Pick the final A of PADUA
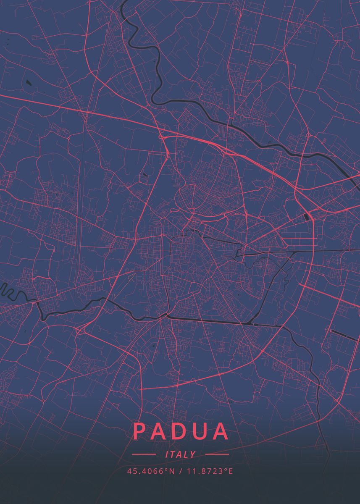221,431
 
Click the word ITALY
181,454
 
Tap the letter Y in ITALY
193,454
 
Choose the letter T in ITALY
174,454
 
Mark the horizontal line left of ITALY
144,454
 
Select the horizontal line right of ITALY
217,454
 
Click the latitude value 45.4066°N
151,471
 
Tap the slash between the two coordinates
180,471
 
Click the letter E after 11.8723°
230,471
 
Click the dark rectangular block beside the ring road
306,217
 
